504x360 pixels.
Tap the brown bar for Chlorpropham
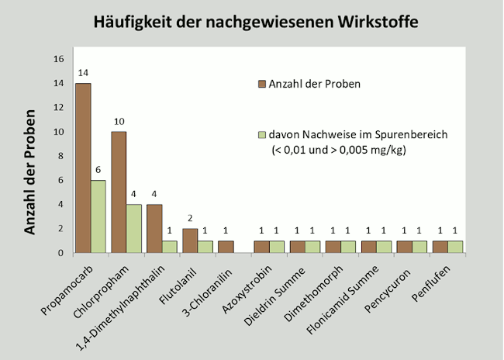pos(119,192)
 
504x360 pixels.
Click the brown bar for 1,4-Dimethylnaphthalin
pos(155,229)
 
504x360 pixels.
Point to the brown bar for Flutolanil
pos(191,241)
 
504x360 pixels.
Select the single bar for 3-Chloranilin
pos(226,247)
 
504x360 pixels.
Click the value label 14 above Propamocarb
pos(83,72)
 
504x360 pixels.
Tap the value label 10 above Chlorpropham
pos(119,121)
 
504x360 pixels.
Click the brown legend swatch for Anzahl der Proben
pos(262,83)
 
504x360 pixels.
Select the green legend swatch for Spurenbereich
pos(262,134)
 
